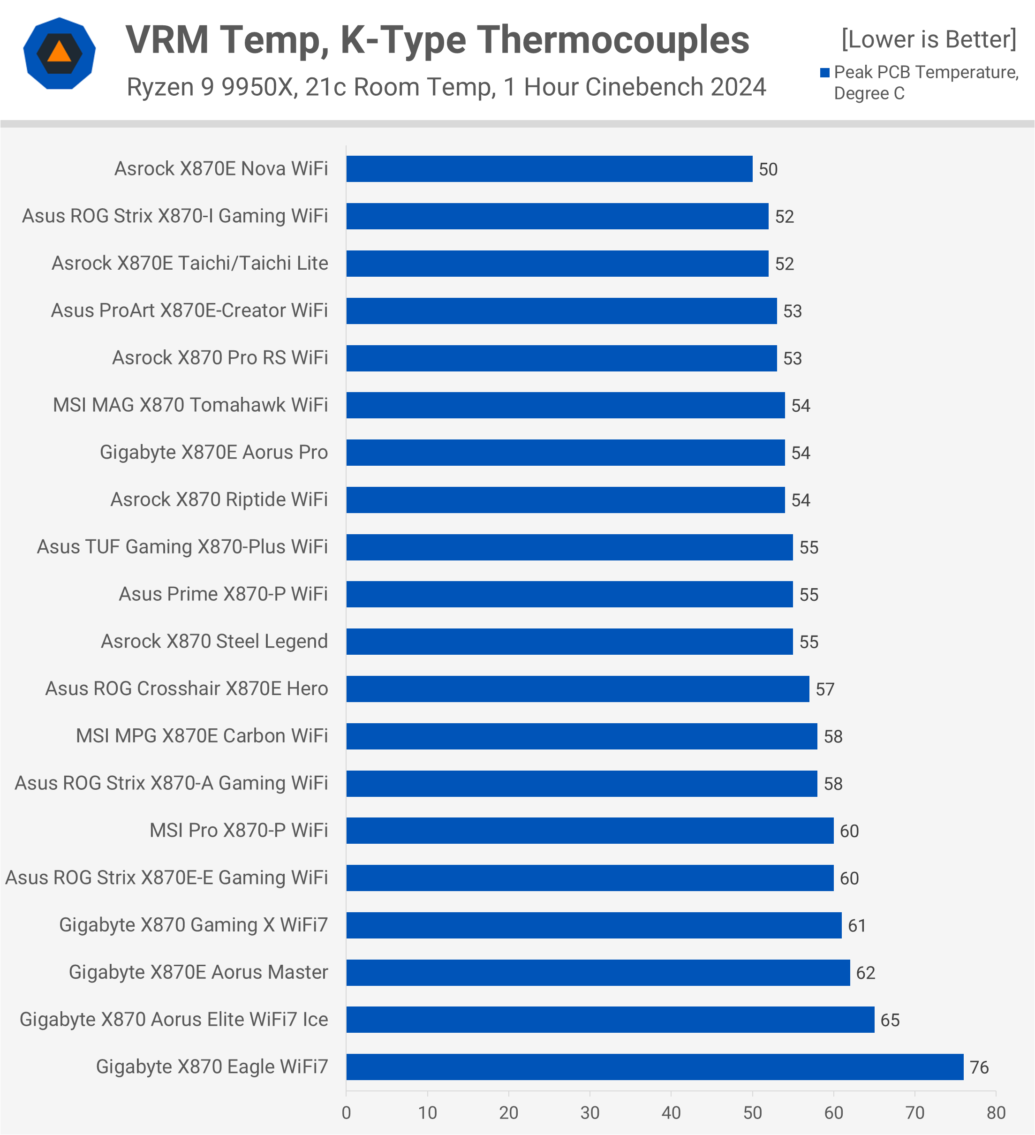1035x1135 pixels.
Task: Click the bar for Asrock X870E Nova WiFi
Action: point(549,169)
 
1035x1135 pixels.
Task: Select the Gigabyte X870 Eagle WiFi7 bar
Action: point(655,1067)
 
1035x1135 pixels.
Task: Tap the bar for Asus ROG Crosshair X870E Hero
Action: point(577,689)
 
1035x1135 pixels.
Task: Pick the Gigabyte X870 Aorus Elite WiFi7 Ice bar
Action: point(610,1020)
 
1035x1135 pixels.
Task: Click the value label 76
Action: point(979,1067)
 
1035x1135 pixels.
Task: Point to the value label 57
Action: point(825,689)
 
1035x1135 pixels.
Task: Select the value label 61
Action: point(857,925)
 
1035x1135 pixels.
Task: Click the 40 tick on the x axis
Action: point(671,1113)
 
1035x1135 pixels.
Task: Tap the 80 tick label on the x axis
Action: point(996,1113)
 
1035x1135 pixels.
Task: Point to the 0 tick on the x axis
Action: point(346,1113)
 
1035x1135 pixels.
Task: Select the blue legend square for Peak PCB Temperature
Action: point(825,73)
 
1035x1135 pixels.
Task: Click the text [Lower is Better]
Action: point(929,39)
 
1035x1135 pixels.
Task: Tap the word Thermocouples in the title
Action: point(615,40)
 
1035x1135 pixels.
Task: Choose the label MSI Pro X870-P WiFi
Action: point(239,831)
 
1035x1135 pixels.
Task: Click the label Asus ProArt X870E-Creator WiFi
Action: point(189,310)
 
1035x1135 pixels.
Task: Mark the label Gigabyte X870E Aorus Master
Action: point(198,972)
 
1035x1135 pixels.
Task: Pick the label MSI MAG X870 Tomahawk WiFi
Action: point(190,405)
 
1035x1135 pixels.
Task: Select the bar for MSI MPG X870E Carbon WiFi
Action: point(582,736)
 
